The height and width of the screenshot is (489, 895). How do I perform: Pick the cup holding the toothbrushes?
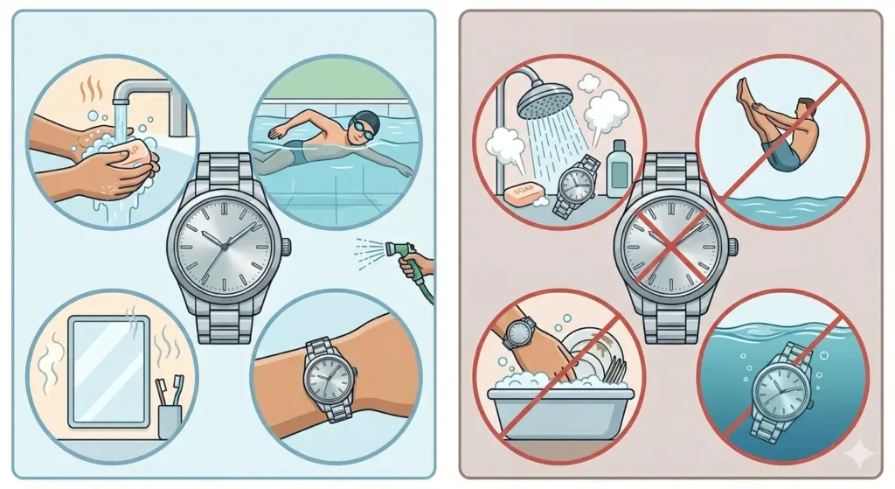point(169,419)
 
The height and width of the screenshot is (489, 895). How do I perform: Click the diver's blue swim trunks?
point(785,155)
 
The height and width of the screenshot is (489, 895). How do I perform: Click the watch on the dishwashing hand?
point(519,333)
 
